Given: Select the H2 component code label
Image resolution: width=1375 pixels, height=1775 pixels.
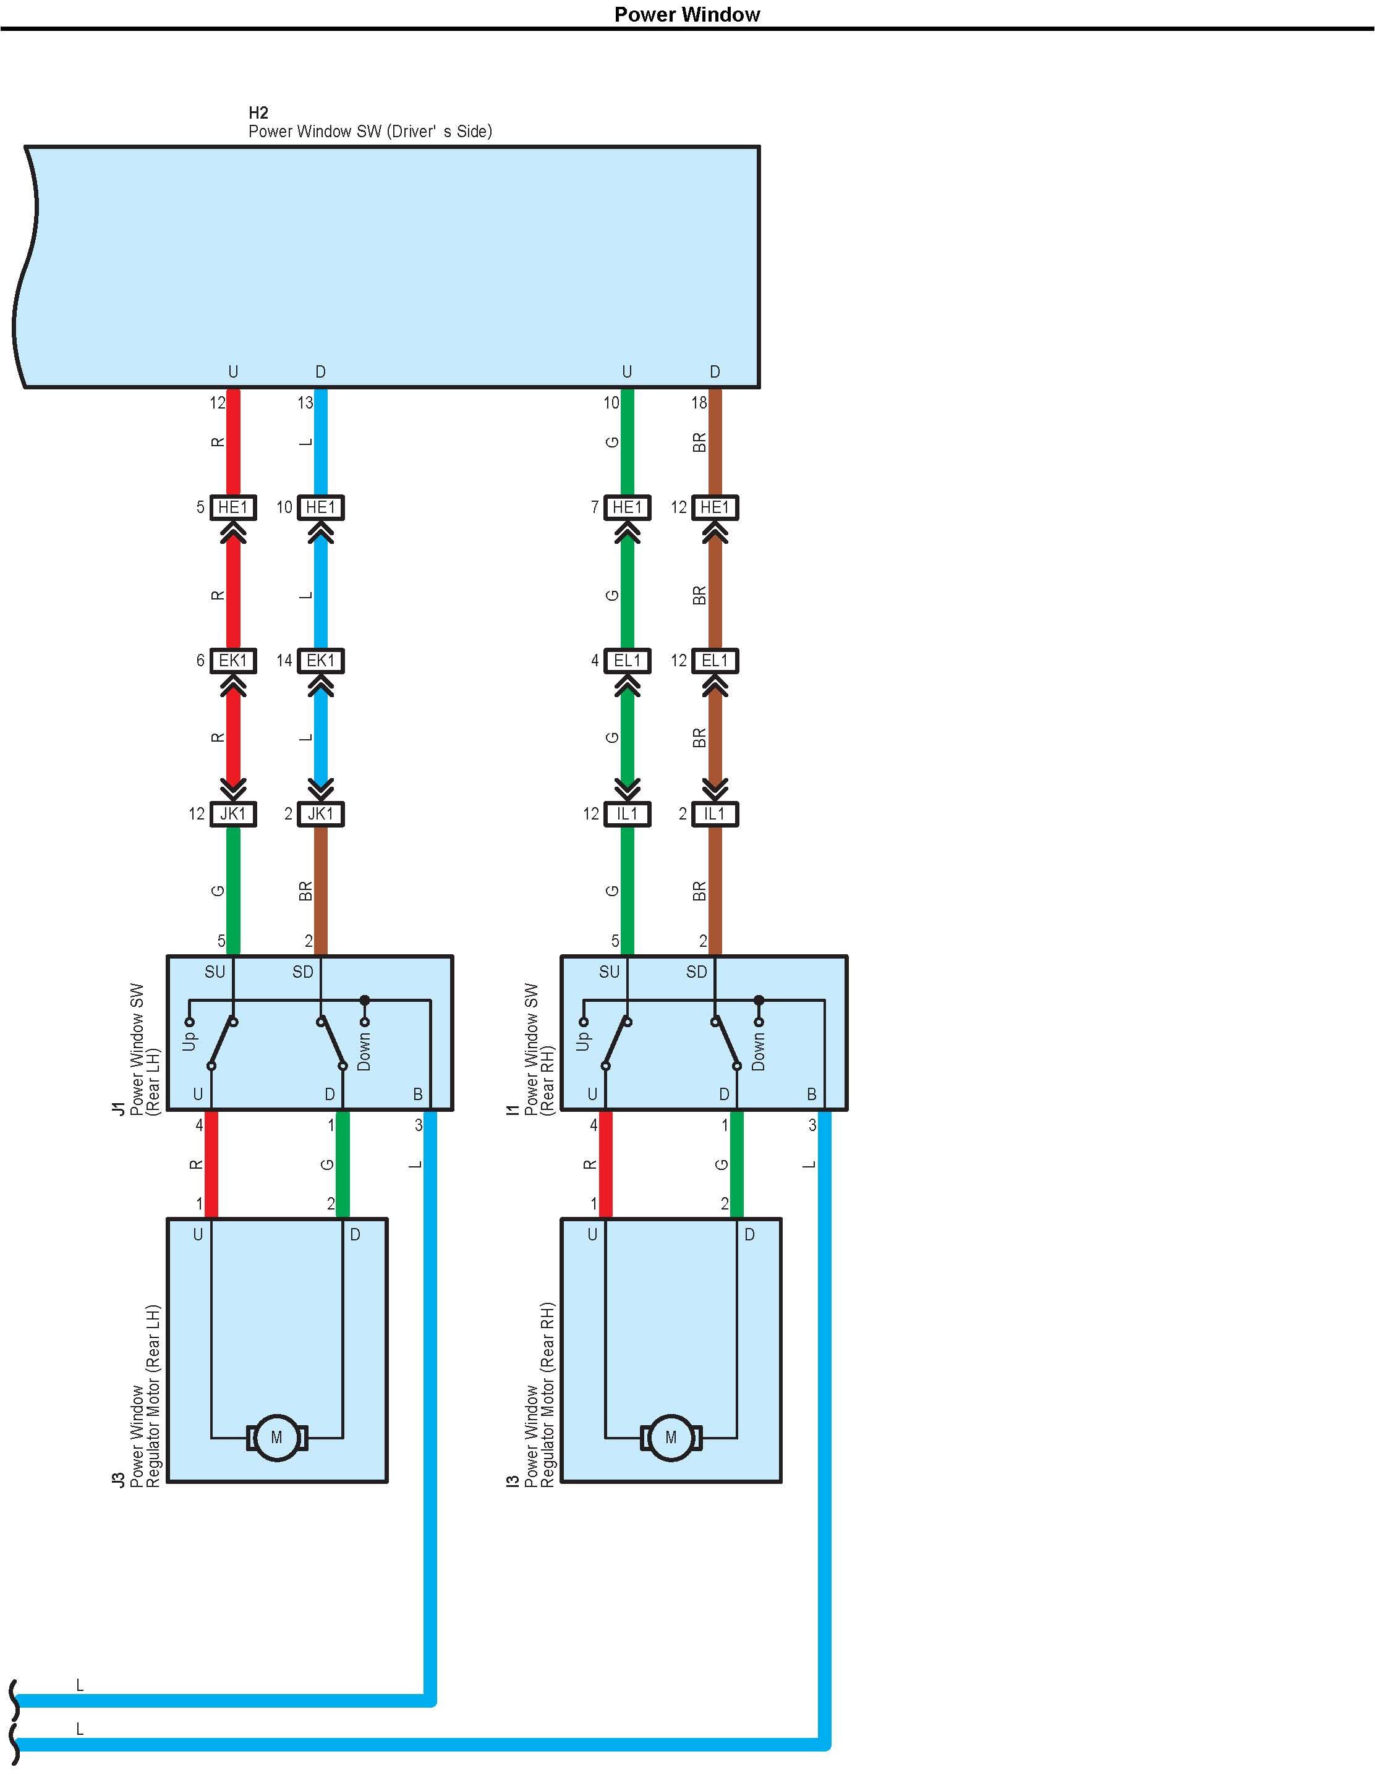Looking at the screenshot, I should click(x=258, y=113).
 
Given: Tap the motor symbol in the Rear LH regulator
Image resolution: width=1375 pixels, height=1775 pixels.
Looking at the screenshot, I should click(x=276, y=1437).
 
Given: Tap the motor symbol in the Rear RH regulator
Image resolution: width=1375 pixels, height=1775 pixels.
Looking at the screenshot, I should click(x=671, y=1437).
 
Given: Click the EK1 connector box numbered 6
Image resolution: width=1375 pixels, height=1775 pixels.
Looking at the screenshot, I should click(x=233, y=660).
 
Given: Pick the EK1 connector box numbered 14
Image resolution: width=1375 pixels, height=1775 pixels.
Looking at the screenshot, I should click(x=321, y=660).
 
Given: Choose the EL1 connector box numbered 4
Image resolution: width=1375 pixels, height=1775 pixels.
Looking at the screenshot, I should click(x=628, y=660).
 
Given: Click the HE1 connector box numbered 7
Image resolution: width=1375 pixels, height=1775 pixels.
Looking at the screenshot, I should click(x=628, y=507).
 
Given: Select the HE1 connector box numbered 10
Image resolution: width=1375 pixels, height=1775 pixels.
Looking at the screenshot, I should click(x=321, y=507).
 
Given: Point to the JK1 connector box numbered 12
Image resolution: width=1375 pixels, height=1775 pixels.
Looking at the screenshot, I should click(x=233, y=813).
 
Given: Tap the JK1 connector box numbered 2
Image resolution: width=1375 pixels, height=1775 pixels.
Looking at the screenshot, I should click(x=321, y=813).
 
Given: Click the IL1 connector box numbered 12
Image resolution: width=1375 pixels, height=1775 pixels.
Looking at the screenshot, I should click(x=628, y=813).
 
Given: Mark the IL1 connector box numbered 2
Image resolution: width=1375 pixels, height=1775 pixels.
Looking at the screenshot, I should click(x=715, y=813).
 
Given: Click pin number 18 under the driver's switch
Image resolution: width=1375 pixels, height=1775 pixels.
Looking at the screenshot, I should click(x=699, y=402).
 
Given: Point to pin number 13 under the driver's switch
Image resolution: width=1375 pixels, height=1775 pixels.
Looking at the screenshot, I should click(x=305, y=402).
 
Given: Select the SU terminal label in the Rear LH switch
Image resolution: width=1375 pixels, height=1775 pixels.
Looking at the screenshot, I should click(x=215, y=972).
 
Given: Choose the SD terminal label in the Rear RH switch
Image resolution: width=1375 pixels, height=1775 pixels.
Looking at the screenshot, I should click(x=697, y=972).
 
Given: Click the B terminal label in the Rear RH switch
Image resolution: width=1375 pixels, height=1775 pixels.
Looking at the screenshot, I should click(x=812, y=1095).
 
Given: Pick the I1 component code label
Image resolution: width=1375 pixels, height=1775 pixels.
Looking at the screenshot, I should click(x=513, y=1109).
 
